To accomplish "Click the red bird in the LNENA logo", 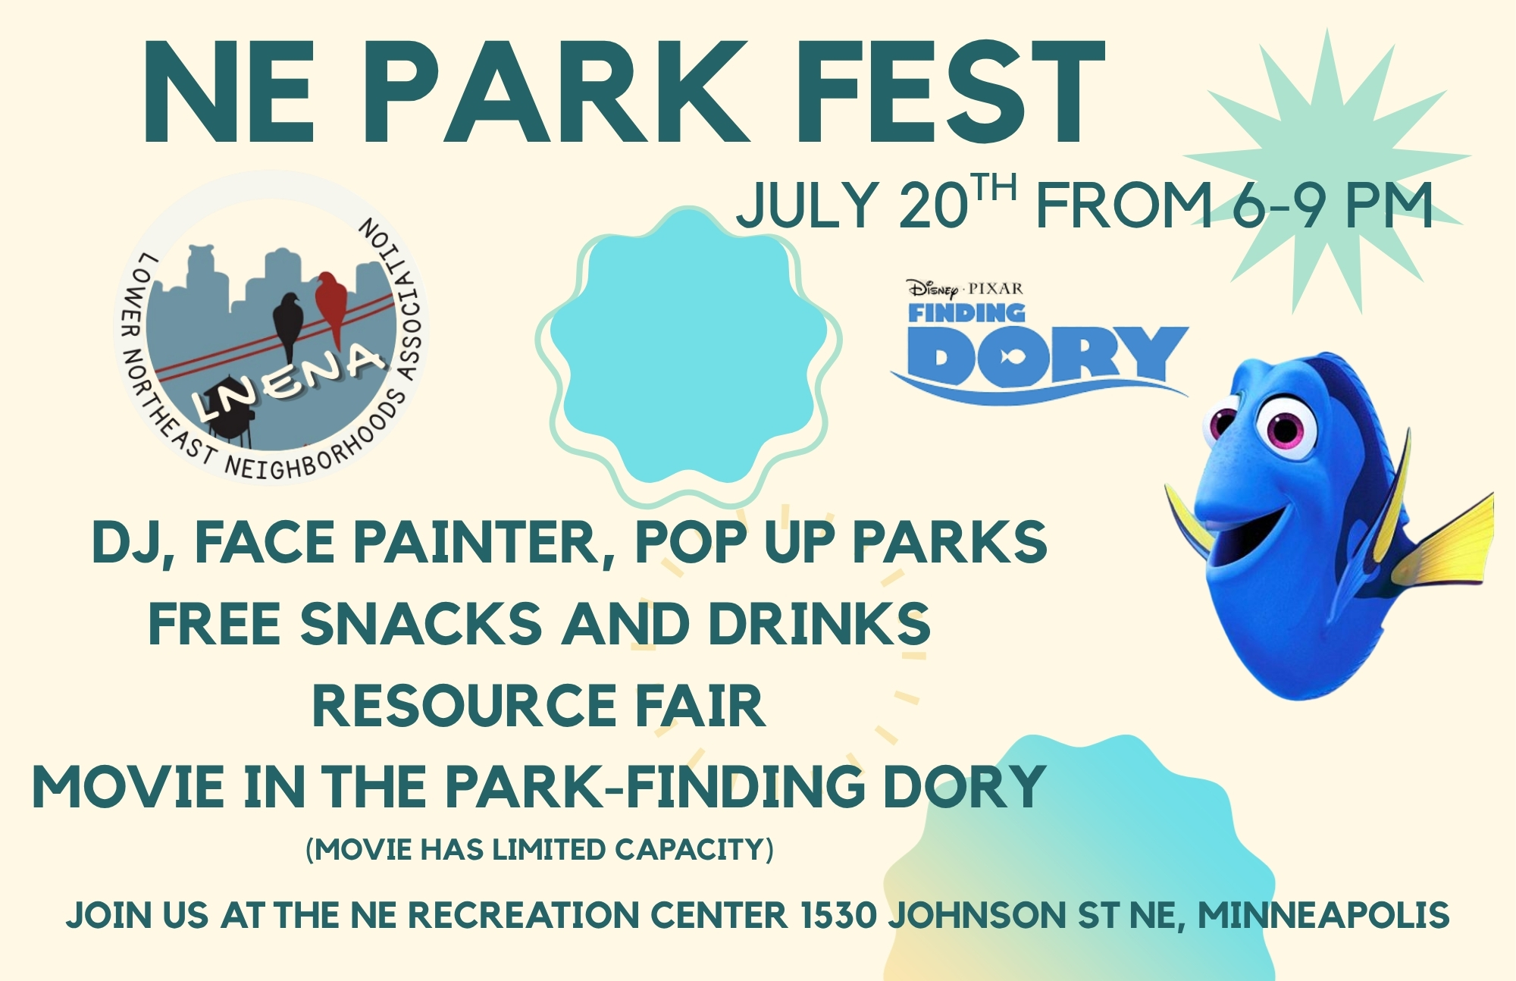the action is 330,305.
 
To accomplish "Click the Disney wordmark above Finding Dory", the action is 933,289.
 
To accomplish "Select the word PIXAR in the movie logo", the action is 996,289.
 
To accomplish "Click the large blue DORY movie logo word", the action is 1046,356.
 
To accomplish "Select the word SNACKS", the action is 421,623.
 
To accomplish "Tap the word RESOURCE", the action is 464,706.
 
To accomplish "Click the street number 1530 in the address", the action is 838,915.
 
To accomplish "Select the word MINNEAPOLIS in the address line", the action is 1323,915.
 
